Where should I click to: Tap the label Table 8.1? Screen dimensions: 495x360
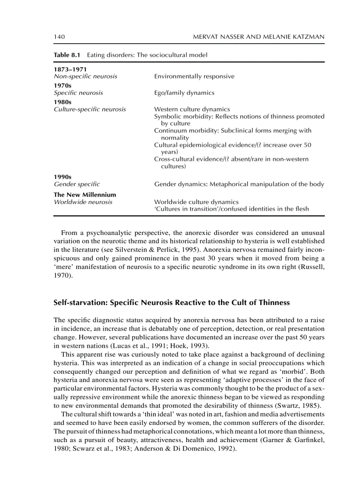(67, 55)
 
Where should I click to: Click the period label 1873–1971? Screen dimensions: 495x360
(70, 70)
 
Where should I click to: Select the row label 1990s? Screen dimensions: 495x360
(63, 177)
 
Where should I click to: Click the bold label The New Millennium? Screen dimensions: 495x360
(85, 194)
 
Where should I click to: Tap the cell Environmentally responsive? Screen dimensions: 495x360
(194, 76)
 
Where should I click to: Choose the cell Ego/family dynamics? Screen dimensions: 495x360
(184, 93)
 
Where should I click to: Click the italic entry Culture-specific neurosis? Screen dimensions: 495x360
(90, 109)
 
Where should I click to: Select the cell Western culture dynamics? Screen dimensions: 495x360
(192, 109)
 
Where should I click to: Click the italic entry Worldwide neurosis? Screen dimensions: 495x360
(83, 201)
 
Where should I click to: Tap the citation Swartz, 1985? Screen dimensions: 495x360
(300, 406)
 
